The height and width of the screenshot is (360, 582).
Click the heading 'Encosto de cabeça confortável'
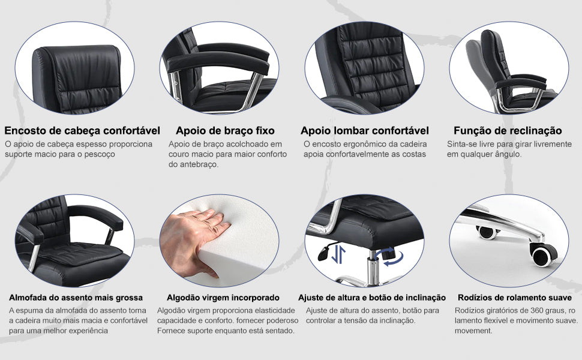pyautogui.click(x=82, y=130)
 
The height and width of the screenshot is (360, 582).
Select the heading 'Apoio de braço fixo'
pyautogui.click(x=225, y=130)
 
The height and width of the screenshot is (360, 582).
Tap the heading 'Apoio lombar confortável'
pyautogui.click(x=365, y=130)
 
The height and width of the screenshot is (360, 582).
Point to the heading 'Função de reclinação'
pyautogui.click(x=508, y=130)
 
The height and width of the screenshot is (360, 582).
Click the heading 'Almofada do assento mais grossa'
pyautogui.click(x=76, y=298)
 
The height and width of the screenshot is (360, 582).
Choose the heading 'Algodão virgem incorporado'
pyautogui.click(x=223, y=298)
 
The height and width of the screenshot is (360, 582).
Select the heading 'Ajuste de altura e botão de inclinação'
pyautogui.click(x=372, y=298)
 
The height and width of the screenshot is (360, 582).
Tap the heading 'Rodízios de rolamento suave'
pyautogui.click(x=515, y=298)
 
